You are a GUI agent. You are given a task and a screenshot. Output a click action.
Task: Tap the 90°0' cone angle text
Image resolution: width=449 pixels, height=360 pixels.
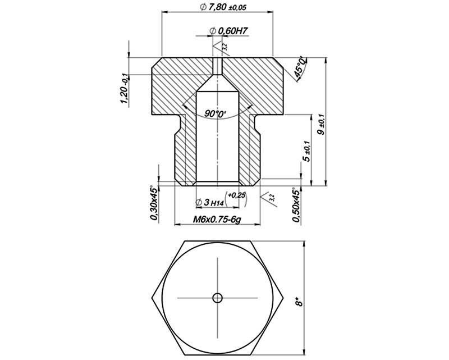pos(216,114)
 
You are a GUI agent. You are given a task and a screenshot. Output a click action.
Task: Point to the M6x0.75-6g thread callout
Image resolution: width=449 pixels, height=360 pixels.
pos(217,221)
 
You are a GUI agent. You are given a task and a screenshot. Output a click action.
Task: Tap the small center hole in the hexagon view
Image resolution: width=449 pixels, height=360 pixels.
pos(218,297)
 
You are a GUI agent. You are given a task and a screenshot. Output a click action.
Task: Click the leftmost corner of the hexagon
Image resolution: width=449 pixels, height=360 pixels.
pos(153,297)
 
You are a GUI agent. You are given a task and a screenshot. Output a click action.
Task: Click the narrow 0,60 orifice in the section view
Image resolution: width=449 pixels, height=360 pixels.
pos(218,66)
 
